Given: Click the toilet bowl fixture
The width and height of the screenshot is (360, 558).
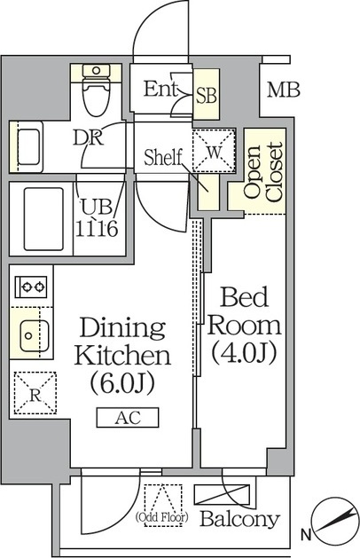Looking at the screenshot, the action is [x=96, y=90].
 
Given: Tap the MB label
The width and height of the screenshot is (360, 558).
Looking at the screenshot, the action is [x=284, y=90].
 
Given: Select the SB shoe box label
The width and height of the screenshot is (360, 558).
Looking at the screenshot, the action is [x=207, y=96].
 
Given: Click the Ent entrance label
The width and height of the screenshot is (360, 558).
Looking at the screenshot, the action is [x=160, y=89].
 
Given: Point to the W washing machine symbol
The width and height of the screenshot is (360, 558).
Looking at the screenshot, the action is [x=214, y=151].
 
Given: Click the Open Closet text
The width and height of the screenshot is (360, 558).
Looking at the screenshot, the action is [x=263, y=172].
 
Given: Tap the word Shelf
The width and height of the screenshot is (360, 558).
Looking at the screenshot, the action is [x=163, y=158].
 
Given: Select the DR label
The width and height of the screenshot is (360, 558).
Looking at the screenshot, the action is [x=88, y=138].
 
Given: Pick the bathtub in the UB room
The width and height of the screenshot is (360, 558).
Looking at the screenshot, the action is [x=43, y=219].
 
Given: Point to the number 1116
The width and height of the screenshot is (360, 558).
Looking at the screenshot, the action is [x=97, y=229].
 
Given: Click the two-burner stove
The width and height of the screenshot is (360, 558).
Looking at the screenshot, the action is [x=31, y=287].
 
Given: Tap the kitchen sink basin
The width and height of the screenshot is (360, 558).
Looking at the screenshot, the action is [x=35, y=335].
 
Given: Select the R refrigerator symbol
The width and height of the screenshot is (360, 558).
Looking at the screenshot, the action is [x=35, y=393].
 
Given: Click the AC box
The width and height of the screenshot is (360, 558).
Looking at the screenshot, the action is [x=128, y=418].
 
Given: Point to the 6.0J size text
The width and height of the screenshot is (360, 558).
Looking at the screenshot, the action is [x=122, y=383].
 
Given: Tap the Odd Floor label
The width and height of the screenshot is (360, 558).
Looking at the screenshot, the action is [x=162, y=516].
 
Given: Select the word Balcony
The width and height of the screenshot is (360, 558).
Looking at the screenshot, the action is [x=239, y=519].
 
